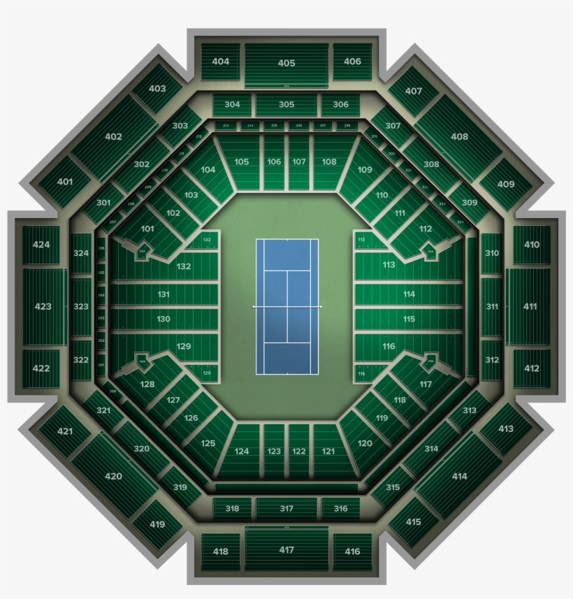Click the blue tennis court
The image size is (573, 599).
[286, 306]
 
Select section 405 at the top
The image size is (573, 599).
[286, 63]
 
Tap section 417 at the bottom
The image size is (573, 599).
[286, 550]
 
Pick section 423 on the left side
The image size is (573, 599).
[43, 306]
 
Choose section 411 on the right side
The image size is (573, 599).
[530, 306]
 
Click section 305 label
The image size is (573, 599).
[286, 104]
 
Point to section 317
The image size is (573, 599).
[286, 508]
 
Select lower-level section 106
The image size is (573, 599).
[274, 161]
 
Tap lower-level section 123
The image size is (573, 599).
[274, 452]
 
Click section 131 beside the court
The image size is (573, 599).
[164, 294]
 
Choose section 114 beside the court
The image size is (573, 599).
[409, 294]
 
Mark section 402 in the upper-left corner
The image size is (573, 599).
[113, 137]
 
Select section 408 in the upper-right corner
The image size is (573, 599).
[460, 137]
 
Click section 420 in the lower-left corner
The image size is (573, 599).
[113, 476]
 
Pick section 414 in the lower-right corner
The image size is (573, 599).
[459, 476]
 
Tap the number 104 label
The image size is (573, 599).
[208, 170]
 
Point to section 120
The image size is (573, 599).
[365, 443]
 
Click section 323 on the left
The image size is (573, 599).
[81, 306]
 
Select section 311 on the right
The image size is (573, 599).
[492, 306]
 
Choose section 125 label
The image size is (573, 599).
[208, 443]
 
